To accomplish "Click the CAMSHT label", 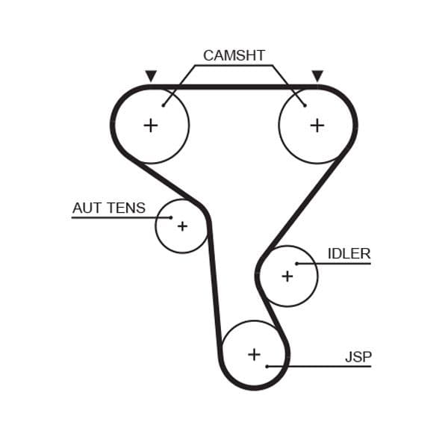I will (x=234, y=55).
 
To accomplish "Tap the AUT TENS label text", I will (x=109, y=208).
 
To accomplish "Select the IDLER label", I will (x=349, y=253).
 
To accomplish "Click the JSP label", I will (x=358, y=357).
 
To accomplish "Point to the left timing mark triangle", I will (x=151, y=75).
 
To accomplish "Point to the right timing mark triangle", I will (x=317, y=75).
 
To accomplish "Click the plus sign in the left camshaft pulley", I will (x=151, y=125).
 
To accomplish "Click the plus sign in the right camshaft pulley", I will (x=317, y=125).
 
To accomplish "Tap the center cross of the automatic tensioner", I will (x=181, y=226).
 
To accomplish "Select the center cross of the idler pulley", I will (x=287, y=276).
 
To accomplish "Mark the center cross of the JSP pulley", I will (x=254, y=354).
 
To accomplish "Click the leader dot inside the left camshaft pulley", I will (x=164, y=105).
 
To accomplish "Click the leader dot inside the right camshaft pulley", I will (x=305, y=105).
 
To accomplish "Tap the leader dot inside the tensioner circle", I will (x=171, y=218).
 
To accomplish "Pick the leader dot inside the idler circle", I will (x=296, y=264).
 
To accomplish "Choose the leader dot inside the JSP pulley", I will (x=267, y=367).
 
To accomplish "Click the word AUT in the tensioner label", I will (x=86, y=208).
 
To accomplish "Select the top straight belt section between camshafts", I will (x=234, y=87).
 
